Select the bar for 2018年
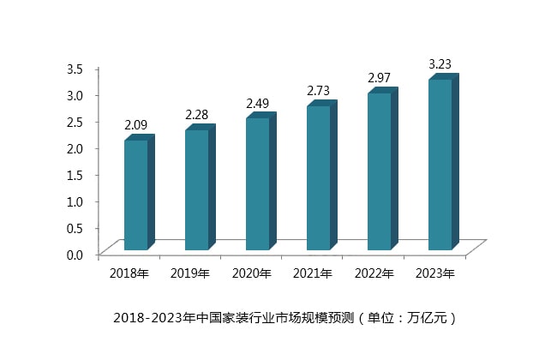click(x=136, y=195)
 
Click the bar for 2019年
click(x=197, y=189)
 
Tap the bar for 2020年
click(x=258, y=183)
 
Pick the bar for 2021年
click(x=319, y=177)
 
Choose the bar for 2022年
click(x=380, y=171)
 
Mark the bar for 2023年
click(x=440, y=165)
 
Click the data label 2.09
click(x=135, y=125)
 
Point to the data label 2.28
click(x=197, y=115)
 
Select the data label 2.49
click(x=258, y=104)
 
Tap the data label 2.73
click(x=319, y=91)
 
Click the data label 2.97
click(x=380, y=78)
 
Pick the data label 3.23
click(x=440, y=64)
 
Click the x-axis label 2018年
click(x=129, y=274)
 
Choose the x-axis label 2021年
click(x=312, y=274)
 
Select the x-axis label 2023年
click(x=434, y=274)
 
